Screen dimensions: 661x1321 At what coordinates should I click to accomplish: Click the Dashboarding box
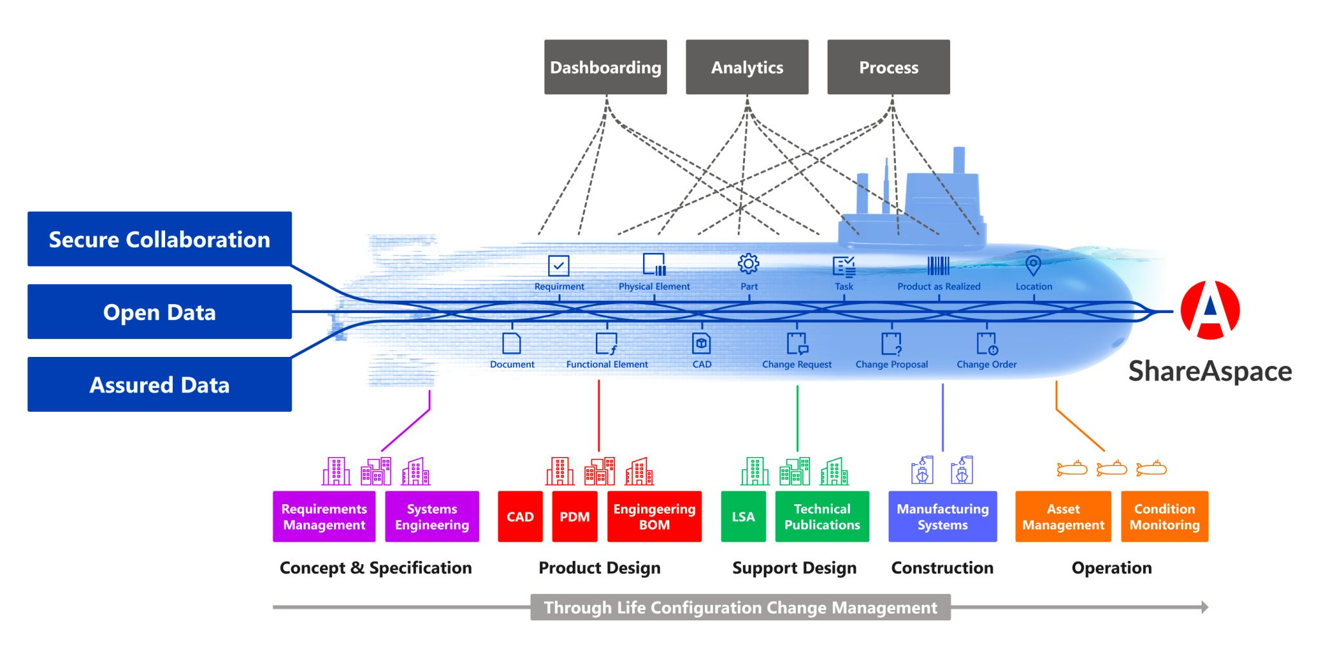(605, 67)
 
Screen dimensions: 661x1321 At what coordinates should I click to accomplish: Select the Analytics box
(746, 67)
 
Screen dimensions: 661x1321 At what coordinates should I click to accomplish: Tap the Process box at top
(888, 67)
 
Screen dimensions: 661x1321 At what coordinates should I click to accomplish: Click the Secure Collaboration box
(159, 239)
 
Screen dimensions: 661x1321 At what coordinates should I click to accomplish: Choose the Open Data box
(159, 312)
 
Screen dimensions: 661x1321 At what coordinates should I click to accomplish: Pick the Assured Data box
(159, 385)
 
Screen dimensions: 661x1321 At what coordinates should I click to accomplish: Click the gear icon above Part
(748, 263)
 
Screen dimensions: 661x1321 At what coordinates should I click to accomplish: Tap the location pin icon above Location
(1033, 265)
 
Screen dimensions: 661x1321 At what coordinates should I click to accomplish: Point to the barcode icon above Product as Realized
(938, 265)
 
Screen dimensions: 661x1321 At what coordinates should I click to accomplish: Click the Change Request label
(797, 364)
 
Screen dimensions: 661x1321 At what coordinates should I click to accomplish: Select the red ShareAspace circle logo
(1209, 310)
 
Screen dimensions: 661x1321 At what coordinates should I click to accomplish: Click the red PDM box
(574, 516)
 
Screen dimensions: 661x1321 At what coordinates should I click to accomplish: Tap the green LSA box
(743, 516)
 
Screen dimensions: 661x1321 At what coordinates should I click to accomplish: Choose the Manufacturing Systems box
(942, 516)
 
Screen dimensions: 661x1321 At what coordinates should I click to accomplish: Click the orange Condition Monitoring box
(1164, 516)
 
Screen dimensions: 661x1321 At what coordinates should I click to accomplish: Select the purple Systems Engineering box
(432, 516)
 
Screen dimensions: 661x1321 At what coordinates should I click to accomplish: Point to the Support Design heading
(794, 567)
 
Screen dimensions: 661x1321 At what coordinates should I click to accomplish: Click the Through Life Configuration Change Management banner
(740, 607)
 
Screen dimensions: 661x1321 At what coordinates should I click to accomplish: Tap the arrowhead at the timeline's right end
(1204, 607)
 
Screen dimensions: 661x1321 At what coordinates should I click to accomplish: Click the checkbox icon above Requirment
(558, 265)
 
